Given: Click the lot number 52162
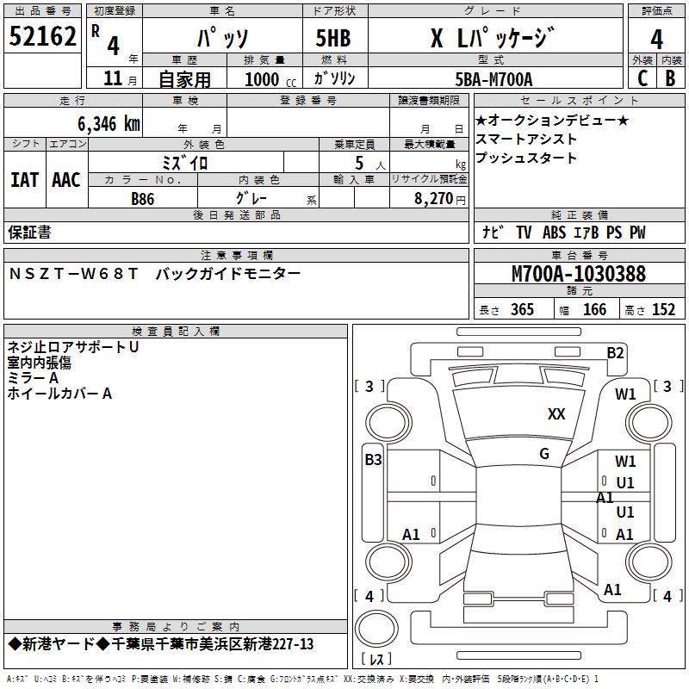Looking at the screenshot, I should pyautogui.click(x=42, y=37).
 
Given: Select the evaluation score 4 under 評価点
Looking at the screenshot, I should pyautogui.click(x=657, y=39).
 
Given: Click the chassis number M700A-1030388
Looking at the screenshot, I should pyautogui.click(x=579, y=275).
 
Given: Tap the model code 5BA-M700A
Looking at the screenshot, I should pyautogui.click(x=493, y=79).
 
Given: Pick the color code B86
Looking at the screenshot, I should pyautogui.click(x=143, y=199).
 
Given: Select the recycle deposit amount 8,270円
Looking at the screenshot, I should pyautogui.click(x=438, y=198).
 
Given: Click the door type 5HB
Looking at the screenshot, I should pyautogui.click(x=333, y=39).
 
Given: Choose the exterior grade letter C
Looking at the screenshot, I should pyautogui.click(x=642, y=78).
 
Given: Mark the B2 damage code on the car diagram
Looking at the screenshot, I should pyautogui.click(x=615, y=352).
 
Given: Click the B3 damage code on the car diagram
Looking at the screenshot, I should pyautogui.click(x=373, y=460).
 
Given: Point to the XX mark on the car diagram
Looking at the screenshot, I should pyautogui.click(x=556, y=414).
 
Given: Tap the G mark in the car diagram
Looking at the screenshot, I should pyautogui.click(x=544, y=454).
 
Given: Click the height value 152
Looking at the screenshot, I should pyautogui.click(x=663, y=310).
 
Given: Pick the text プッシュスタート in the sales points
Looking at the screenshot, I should pyautogui.click(x=526, y=158).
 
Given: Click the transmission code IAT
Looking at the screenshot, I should pyautogui.click(x=24, y=180).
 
